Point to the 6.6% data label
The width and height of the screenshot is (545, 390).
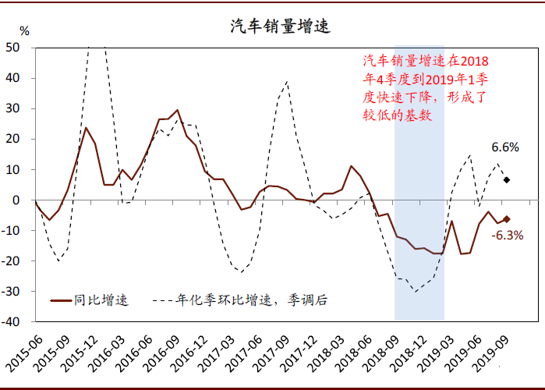click(x=505, y=147)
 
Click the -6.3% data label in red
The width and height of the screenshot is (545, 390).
click(x=507, y=233)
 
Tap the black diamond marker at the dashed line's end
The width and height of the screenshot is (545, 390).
click(x=507, y=180)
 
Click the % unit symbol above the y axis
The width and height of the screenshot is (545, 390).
click(x=24, y=31)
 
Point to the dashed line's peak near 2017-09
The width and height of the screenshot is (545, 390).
click(x=287, y=81)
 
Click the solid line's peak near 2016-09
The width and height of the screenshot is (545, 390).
click(x=176, y=111)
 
